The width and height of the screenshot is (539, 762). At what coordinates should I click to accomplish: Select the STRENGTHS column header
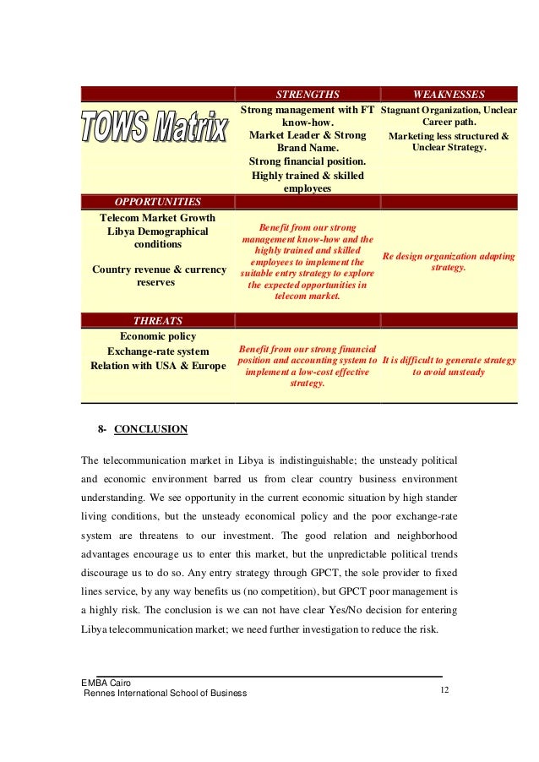coord(308,94)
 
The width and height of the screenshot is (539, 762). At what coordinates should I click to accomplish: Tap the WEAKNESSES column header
coord(449,94)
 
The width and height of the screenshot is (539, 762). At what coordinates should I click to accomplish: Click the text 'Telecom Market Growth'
coord(158,217)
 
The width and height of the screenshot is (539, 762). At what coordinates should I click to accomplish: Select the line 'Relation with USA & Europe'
coord(158,366)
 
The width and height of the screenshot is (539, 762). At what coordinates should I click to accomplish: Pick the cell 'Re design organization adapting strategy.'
coord(449,260)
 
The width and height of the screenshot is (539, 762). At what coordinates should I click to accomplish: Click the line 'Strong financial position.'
coord(308,161)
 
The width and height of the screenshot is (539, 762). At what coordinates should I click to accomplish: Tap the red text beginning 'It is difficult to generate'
coord(449,366)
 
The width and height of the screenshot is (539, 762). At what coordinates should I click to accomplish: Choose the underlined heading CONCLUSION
coord(150,429)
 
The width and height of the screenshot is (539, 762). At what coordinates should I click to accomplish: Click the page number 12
coord(444,691)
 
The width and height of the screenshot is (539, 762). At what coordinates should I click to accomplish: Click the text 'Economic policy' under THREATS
coord(158,335)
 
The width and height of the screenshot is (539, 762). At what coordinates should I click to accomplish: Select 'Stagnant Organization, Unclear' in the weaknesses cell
coord(449,111)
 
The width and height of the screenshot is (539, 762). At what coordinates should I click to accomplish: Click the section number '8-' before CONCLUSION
coord(102,429)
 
